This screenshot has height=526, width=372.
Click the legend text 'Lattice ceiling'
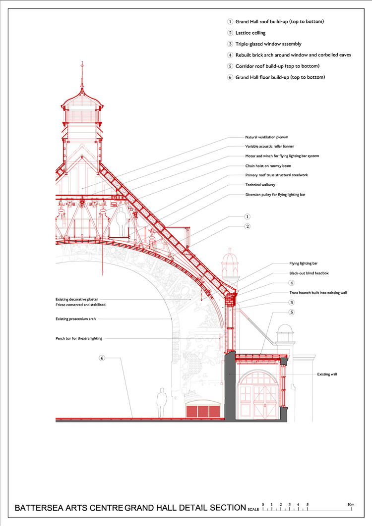click(250, 33)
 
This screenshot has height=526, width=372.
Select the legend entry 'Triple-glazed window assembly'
click(268, 44)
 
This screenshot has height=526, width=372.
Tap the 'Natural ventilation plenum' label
click(266, 137)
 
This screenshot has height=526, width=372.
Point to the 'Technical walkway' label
click(260, 185)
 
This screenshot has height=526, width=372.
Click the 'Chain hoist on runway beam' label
click(268, 166)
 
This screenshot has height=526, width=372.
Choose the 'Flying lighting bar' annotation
click(303, 263)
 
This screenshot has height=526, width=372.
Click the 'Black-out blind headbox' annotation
click(309, 273)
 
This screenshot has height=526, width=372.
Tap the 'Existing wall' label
click(327, 374)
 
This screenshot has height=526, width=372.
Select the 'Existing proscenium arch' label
click(75, 319)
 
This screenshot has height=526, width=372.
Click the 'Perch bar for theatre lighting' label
click(79, 338)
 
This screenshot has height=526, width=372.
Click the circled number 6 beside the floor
click(102, 358)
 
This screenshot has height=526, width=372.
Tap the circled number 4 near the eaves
click(292, 283)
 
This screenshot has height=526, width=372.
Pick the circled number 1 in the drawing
click(248, 217)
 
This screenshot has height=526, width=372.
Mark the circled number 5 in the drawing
click(292, 313)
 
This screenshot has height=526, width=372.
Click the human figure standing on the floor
click(162, 403)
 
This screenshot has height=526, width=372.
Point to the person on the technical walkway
click(121, 221)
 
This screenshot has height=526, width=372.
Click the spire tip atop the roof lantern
click(82, 62)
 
